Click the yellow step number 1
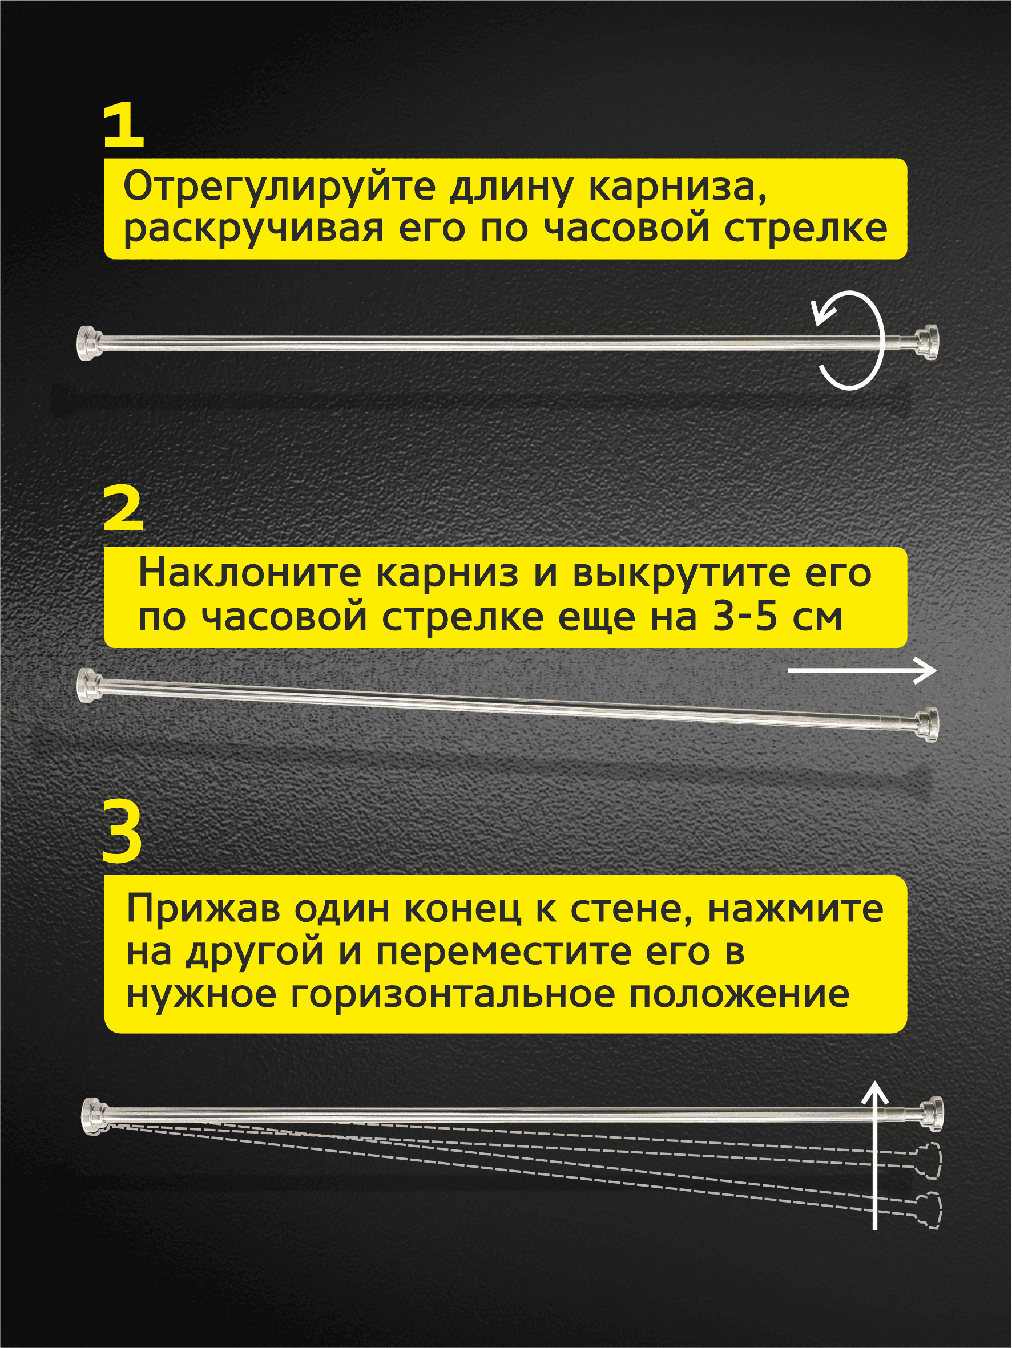click(124, 126)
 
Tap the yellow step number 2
click(124, 509)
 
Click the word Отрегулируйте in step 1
click(279, 188)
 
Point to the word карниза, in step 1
click(678, 188)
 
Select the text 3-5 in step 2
click(745, 616)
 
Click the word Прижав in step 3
click(204, 909)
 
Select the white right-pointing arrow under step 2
click(862, 671)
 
